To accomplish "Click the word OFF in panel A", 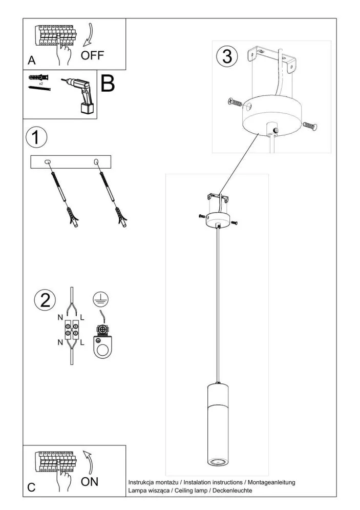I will (x=92, y=55).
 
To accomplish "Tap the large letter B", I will (x=108, y=84).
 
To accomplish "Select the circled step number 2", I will (x=45, y=300).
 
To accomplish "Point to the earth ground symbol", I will (x=101, y=299).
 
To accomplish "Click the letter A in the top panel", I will (x=32, y=60).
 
